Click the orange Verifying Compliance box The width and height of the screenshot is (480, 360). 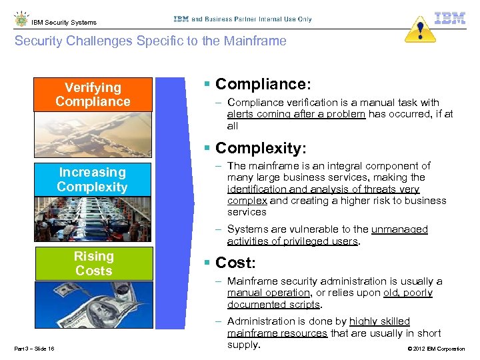(93, 94)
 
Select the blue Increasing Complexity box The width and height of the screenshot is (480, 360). (93, 179)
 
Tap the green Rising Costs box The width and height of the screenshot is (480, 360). (93, 263)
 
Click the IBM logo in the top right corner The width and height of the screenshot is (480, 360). (450, 18)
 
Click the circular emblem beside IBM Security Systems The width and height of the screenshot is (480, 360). (20, 19)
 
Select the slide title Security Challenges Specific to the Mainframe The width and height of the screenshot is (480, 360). (150, 41)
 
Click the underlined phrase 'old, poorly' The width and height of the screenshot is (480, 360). (408, 293)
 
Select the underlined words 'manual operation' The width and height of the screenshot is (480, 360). (269, 293)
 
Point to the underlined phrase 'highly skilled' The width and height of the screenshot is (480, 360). (379, 321)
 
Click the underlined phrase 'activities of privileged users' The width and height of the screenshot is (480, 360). (293, 241)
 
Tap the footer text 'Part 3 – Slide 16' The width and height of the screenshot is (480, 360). (33, 349)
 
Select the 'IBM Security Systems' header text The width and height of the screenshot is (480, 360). (64, 22)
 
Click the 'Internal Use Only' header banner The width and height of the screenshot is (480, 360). (242, 19)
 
